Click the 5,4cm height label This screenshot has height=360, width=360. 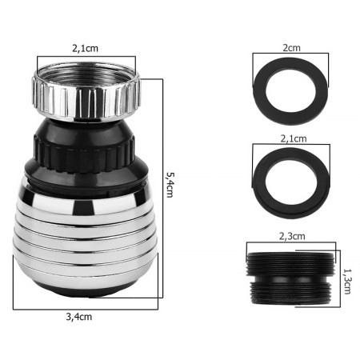coord(170,184)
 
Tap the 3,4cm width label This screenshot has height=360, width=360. coord(79,317)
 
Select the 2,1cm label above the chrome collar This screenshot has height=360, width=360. coord(85,48)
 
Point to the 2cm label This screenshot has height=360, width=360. coord(291,48)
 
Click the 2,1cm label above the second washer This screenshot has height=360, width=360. coord(294,138)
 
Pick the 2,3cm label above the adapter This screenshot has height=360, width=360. coord(292,236)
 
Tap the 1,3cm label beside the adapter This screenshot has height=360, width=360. coord(347,282)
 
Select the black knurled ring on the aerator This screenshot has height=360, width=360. coord(83,154)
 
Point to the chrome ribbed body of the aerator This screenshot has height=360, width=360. coord(85,238)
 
